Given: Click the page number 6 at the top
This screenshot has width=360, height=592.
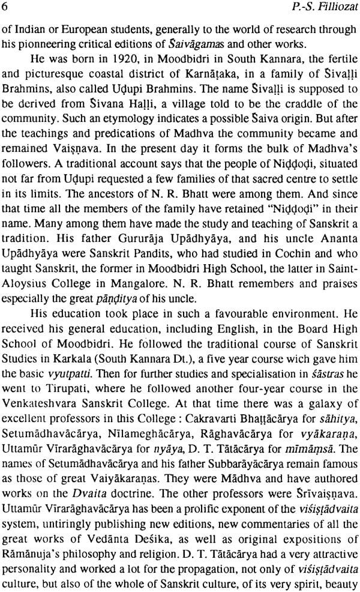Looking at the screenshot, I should pyautogui.click(x=5, y=8).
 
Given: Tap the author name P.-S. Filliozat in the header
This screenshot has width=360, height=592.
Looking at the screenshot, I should pyautogui.click(x=323, y=8).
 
